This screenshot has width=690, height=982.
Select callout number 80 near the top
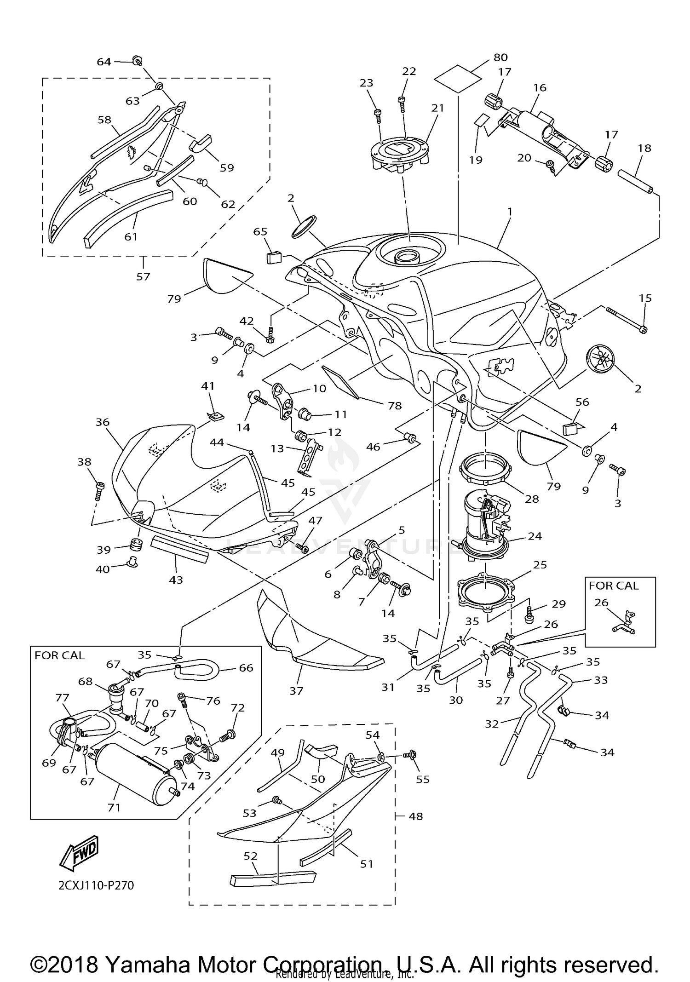pyautogui.click(x=500, y=57)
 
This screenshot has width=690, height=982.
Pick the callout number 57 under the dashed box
pyautogui.click(x=143, y=276)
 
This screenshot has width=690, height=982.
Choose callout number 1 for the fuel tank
pyautogui.click(x=510, y=212)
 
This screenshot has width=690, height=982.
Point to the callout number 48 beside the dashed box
pyautogui.click(x=415, y=816)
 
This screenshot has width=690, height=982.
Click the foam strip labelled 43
pyautogui.click(x=179, y=549)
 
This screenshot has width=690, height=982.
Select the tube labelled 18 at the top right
pyautogui.click(x=635, y=182)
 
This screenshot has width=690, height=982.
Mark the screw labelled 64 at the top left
pyautogui.click(x=137, y=60)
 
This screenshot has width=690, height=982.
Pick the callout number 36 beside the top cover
pyautogui.click(x=102, y=422)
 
